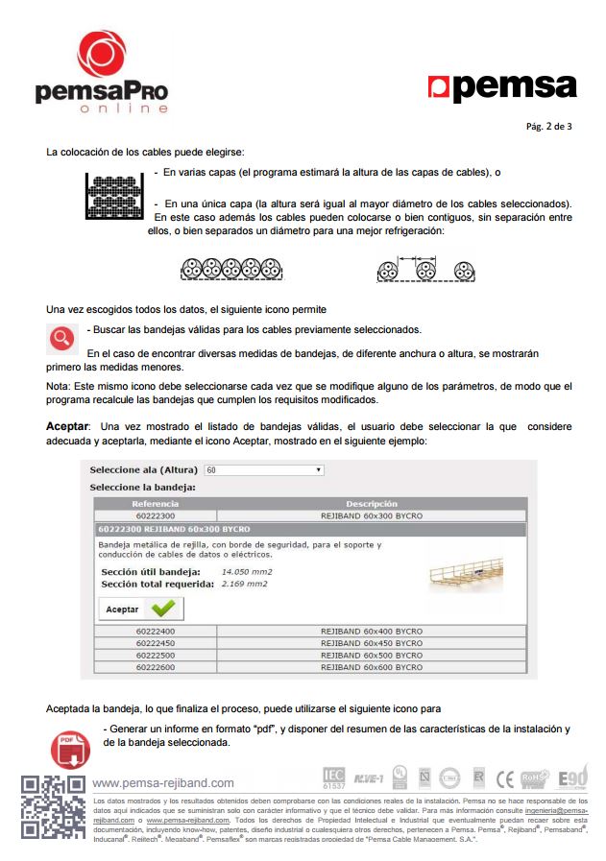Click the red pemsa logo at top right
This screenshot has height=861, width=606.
501,87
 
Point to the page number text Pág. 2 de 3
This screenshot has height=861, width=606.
549,126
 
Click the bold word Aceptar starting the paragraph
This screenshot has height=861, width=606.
67,426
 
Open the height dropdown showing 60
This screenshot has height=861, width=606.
264,470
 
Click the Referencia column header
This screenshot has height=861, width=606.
156,504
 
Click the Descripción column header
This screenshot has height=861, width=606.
371,504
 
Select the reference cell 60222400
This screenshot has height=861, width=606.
156,632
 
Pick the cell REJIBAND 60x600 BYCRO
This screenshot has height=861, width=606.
371,667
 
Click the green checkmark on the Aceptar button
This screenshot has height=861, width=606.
163,609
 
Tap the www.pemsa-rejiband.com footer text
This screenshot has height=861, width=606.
163,783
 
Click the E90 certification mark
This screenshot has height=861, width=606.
572,777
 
